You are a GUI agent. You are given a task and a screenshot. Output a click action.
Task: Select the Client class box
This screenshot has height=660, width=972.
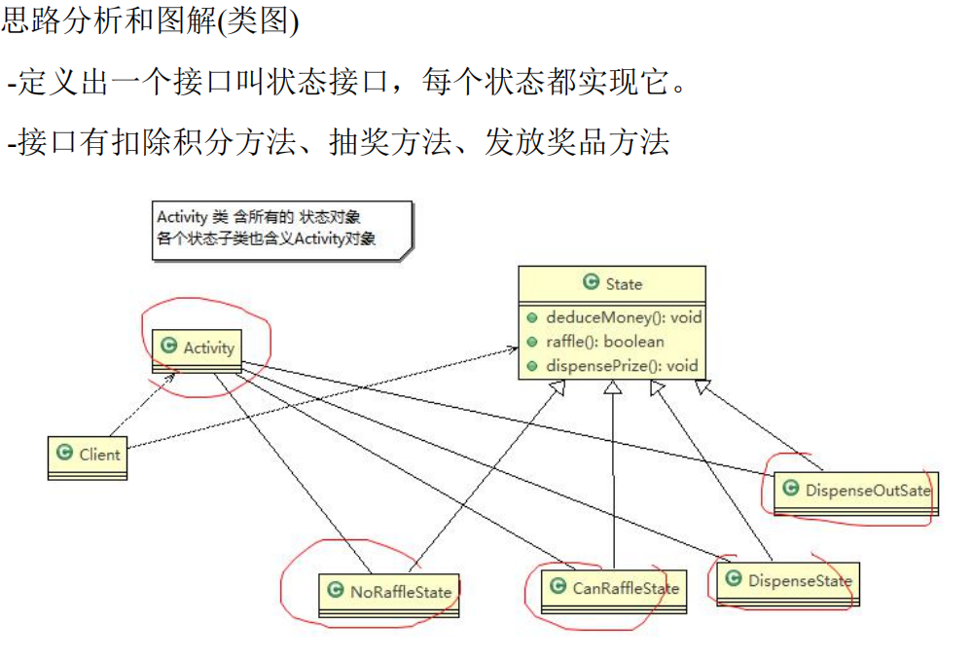(89, 456)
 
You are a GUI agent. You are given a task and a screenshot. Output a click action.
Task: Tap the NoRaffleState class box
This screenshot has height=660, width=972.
(390, 593)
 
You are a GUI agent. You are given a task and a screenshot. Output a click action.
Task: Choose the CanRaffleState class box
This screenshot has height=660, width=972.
(613, 589)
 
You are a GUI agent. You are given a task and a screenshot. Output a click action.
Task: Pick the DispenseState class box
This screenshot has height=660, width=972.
(788, 582)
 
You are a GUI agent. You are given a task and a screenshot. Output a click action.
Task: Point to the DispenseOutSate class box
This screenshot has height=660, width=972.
(855, 491)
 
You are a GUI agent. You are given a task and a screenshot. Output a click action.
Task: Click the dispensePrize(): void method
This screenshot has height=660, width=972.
(622, 366)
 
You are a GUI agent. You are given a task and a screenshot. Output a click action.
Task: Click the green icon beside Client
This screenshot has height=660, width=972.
(65, 454)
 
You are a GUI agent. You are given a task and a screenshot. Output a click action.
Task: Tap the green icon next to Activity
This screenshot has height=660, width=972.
(168, 347)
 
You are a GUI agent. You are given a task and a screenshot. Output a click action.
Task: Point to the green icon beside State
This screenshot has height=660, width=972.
(591, 283)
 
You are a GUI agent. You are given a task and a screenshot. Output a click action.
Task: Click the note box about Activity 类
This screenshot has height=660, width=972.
(280, 229)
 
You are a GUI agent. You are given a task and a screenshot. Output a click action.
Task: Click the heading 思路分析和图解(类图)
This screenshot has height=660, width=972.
(151, 21)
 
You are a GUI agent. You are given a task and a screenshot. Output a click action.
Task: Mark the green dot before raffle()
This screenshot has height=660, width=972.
(531, 343)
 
